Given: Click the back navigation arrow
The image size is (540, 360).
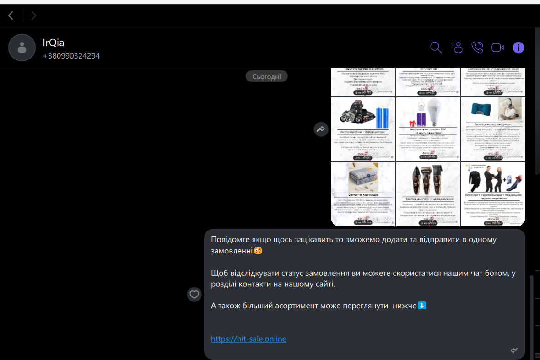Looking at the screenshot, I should click(11, 16).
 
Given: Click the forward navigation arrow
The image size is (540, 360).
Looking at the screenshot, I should click(34, 16).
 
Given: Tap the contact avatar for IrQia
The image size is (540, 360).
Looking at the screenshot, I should click(22, 48).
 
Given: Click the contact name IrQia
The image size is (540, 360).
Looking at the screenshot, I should click(54, 43).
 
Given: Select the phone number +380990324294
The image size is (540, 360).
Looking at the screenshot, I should click(71, 56).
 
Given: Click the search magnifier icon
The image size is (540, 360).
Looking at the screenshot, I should click(436, 48).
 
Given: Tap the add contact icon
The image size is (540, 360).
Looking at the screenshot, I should click(457, 48).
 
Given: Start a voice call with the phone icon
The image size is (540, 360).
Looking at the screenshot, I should click(477, 48).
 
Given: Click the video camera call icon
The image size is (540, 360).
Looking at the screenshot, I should click(497, 48).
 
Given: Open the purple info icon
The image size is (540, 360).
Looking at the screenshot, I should click(518, 48).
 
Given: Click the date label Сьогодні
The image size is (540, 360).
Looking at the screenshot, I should click(267, 76).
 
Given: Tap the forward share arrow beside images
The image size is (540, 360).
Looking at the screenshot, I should click(321, 129).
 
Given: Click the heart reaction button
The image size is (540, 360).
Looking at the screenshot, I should click(194, 294).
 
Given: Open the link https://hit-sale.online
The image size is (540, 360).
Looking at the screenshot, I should click(248, 339).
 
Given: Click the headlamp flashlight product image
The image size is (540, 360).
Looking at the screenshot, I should click(363, 129).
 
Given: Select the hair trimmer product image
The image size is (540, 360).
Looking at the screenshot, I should click(428, 194).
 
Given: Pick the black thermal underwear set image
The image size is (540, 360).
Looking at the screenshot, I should click(493, 194).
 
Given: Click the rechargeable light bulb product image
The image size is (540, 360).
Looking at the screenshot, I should click(428, 129).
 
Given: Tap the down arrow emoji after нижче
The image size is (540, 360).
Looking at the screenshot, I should click(422, 305).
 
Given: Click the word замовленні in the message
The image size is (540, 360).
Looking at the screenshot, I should click(232, 251).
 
